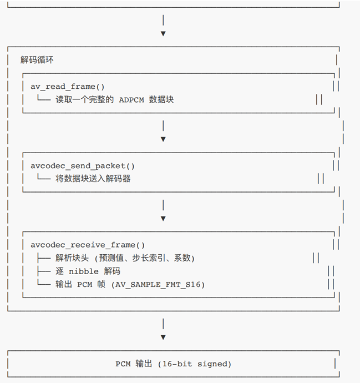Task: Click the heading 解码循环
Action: click(37, 59)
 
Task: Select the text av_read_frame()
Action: click(68, 87)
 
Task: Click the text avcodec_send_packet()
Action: click(83, 165)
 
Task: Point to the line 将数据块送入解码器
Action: click(93, 179)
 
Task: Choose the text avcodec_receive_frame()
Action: click(88, 244)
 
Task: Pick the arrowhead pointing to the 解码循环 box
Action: click(163, 33)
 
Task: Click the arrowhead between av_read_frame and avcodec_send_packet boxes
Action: click(163, 139)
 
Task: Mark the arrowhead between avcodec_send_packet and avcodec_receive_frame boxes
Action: click(163, 218)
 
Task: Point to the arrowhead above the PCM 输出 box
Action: click(163, 337)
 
